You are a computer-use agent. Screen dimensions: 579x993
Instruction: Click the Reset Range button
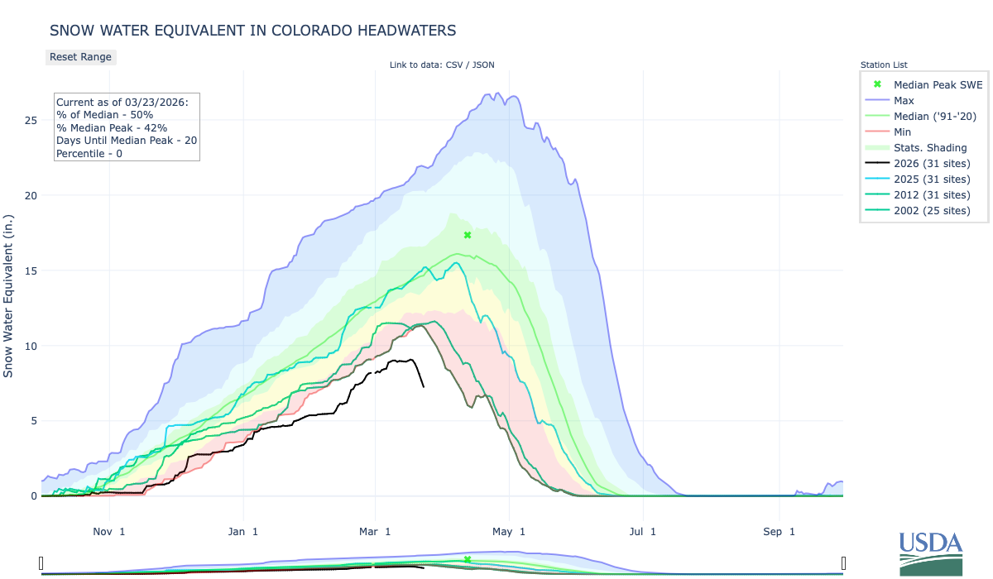coord(80,57)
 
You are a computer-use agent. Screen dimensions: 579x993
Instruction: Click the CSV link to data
coord(453,65)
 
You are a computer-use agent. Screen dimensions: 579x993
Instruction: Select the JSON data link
coord(483,65)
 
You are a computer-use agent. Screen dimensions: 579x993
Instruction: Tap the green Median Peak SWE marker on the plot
coord(468,235)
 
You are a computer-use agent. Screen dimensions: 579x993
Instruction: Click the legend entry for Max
coord(904,100)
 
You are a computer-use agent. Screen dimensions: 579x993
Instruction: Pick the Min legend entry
coord(903,132)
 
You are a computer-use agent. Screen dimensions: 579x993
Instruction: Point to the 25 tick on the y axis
coord(30,121)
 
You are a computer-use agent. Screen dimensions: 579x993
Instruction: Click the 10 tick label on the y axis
coord(30,346)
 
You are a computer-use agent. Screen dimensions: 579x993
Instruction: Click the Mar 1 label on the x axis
coord(376,531)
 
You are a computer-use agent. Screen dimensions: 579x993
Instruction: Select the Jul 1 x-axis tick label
coord(642,531)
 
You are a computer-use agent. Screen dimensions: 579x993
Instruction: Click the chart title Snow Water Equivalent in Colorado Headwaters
coord(252,31)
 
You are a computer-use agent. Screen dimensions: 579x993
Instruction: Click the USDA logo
coord(931,553)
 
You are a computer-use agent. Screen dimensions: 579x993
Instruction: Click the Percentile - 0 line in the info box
coord(89,154)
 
